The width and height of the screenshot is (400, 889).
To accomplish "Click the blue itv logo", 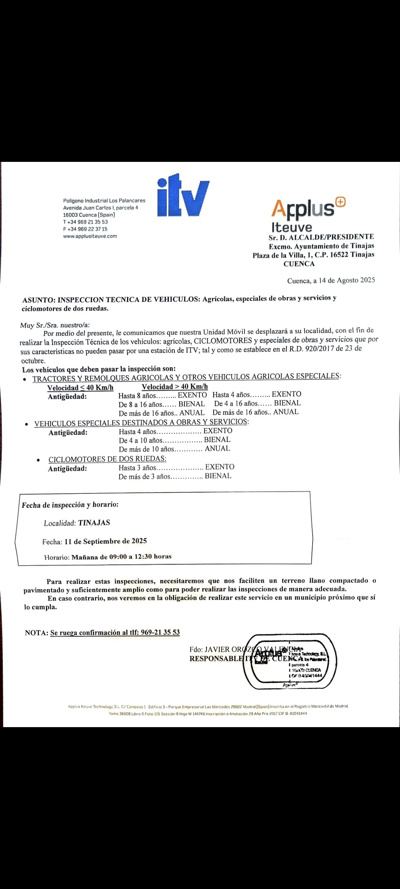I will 183,196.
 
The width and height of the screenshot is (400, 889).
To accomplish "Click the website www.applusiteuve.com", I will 90,236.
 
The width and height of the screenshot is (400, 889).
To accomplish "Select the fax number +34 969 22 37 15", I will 85,229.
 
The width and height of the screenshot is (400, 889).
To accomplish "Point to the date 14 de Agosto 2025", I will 347,280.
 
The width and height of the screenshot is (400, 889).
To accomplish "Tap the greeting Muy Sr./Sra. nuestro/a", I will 55,325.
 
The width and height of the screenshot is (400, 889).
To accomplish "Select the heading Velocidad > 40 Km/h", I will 175,387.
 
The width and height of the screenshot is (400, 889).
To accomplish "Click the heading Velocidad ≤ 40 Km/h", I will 80,388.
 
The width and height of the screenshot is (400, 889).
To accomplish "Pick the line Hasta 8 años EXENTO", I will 162,396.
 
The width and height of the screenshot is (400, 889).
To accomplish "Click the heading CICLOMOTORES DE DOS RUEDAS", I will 107,459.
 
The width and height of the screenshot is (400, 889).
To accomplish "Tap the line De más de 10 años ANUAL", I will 174,449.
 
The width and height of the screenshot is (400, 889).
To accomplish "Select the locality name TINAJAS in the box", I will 94,523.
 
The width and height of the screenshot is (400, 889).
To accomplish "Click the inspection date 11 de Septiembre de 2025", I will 106,541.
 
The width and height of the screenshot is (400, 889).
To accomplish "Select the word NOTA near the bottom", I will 36,633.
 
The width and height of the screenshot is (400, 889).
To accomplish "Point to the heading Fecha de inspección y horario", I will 70,505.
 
